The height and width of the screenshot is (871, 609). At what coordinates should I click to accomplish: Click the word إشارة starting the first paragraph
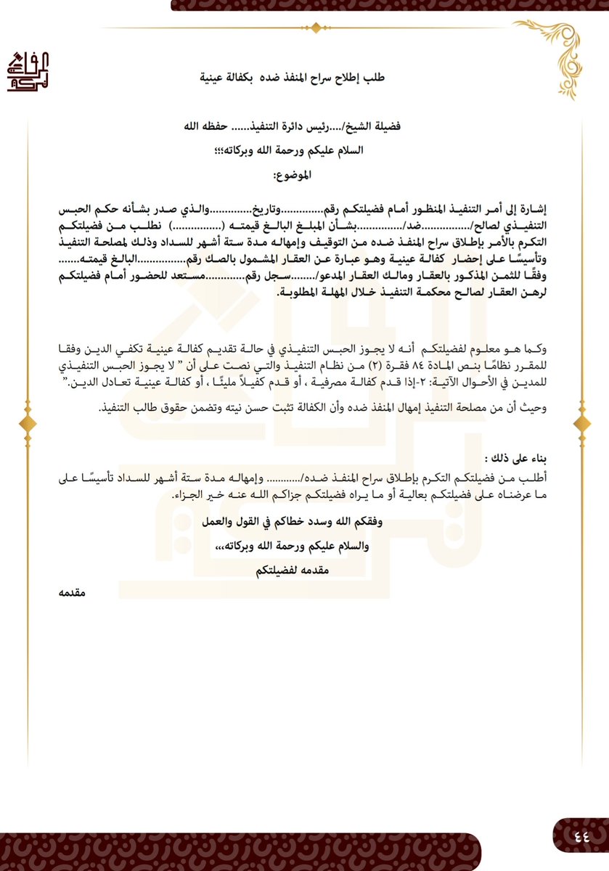(532, 209)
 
